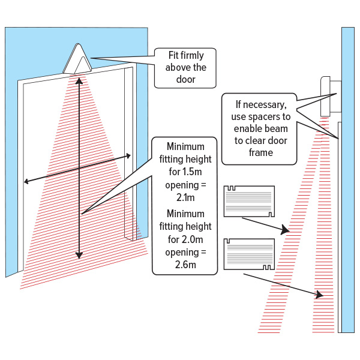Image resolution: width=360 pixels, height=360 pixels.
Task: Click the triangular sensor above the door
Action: (79, 60)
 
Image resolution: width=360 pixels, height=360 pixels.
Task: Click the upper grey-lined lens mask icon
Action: (249, 201)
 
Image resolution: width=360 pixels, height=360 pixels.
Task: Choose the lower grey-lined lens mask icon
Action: (248, 254)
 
